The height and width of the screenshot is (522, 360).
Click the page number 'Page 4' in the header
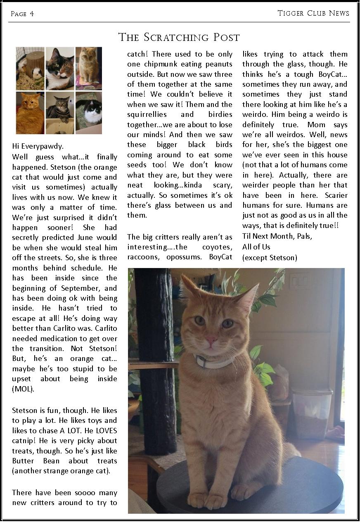coord(22,14)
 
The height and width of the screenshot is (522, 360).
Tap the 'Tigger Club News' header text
coord(313,13)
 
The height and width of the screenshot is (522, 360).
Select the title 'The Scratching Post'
coord(179,37)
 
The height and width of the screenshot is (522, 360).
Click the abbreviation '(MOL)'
coord(23,389)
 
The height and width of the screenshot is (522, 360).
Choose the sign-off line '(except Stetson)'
coord(270,258)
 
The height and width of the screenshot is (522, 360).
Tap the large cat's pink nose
coord(212,340)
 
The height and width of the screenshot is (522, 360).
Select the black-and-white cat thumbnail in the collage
coord(89,112)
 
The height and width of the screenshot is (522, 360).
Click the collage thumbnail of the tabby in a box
coord(60,112)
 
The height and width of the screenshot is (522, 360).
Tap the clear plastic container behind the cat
coord(311,413)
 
